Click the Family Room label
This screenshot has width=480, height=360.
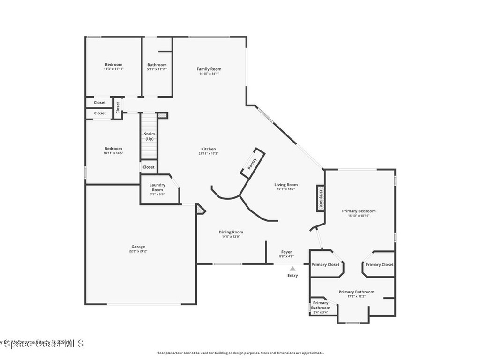(209, 69)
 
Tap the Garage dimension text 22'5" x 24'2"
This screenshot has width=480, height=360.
(138, 251)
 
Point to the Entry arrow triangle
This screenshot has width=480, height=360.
(292, 269)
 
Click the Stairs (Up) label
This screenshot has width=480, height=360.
(149, 136)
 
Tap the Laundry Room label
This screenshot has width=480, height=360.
(157, 187)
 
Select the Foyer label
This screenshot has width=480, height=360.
(286, 252)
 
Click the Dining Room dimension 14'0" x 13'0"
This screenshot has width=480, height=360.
(231, 237)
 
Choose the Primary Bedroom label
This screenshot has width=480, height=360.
(359, 211)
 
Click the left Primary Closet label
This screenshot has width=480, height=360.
(325, 265)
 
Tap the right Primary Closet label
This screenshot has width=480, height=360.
(379, 265)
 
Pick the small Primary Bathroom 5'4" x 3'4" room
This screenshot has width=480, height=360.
(321, 307)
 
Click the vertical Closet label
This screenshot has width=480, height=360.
(118, 107)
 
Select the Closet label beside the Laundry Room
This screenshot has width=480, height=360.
(149, 167)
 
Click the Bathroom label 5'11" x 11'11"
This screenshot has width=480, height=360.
(157, 65)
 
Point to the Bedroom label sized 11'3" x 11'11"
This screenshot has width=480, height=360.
(113, 64)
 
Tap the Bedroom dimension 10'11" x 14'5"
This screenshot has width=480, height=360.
(113, 153)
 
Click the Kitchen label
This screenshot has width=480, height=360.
(209, 149)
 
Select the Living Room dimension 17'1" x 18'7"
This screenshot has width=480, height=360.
(286, 189)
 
